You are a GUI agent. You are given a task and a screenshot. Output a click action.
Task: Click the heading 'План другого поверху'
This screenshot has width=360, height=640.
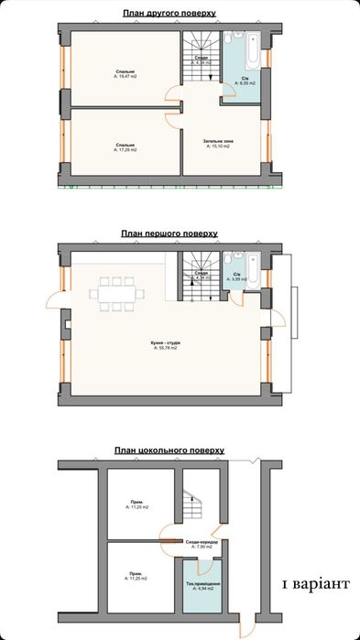tap(169, 14)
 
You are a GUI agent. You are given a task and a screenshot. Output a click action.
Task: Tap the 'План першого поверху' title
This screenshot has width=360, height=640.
tap(169, 233)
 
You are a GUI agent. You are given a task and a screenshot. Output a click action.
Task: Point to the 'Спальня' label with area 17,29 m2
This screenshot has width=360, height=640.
tap(121, 146)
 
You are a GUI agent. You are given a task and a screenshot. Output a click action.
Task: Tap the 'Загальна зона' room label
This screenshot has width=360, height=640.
tap(221, 143)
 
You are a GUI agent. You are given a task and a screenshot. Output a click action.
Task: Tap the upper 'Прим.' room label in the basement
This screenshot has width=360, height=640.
tap(136, 504)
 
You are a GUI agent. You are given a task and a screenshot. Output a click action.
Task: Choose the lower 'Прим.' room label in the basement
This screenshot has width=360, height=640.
tap(136, 577)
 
